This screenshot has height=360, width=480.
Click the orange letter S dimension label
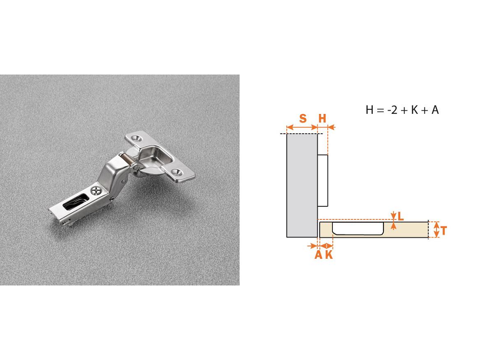pyautogui.click(x=303, y=118)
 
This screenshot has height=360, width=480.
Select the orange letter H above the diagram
pyautogui.click(x=322, y=118)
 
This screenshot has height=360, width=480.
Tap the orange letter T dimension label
pyautogui.click(x=443, y=231)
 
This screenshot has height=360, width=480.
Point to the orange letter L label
pyautogui.click(x=400, y=217)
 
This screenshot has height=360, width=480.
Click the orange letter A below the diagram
pyautogui.click(x=318, y=255)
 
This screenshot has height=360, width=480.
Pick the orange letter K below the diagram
pyautogui.click(x=329, y=255)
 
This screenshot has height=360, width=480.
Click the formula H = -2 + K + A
pyautogui.click(x=402, y=110)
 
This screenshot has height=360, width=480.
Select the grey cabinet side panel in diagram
pyautogui.click(x=302, y=186)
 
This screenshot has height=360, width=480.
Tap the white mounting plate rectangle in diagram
pyautogui.click(x=322, y=180)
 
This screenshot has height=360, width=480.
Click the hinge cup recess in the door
pyautogui.click(x=358, y=228)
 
